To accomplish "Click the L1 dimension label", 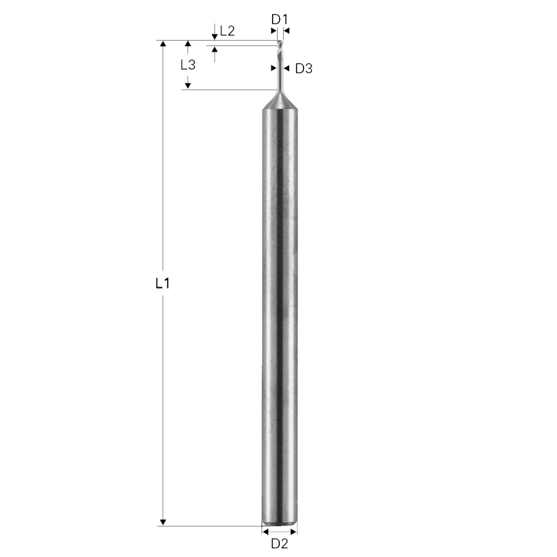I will coord(162,282).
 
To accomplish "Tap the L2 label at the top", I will coord(227,31).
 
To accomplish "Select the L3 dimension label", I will coord(188,65).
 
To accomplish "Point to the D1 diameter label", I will coord(278,19).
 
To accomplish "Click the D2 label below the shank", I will coord(279,543).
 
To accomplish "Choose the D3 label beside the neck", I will coord(303,68).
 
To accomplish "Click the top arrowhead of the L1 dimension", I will coord(162,44).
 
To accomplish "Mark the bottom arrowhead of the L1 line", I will coord(162,522).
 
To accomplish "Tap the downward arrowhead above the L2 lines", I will coord(215,37).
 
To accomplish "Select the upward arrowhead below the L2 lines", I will coord(215,49).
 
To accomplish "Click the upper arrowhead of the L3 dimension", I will coord(188,44).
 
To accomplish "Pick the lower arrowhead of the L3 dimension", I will coord(188,86).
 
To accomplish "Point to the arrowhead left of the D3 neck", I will coord(273,68).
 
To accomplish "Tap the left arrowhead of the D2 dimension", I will coord(265,531).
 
